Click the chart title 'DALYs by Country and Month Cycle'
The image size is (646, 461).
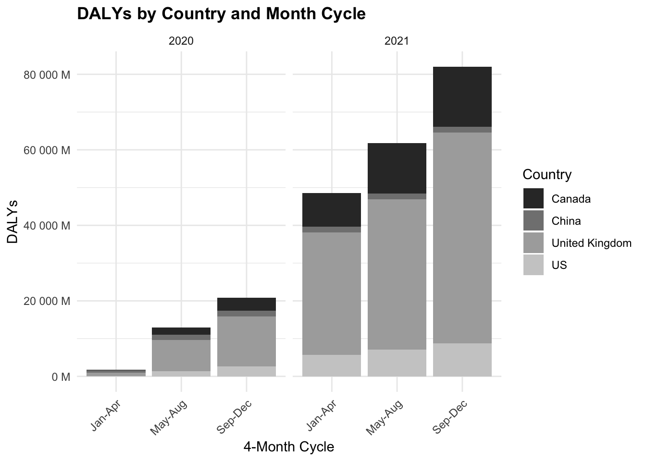221,14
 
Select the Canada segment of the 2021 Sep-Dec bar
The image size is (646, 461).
462,97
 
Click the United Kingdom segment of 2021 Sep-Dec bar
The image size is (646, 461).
462,238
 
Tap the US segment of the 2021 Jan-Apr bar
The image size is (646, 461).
331,365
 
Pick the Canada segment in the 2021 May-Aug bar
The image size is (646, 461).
397,168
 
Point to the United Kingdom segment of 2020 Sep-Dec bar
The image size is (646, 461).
246,341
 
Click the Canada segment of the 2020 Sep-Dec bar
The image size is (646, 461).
246,304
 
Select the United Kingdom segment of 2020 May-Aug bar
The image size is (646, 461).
181,355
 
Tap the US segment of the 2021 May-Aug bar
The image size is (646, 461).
397,363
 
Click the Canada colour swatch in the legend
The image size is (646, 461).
534,199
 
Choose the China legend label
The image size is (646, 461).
566,221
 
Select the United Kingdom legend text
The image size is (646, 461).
591,243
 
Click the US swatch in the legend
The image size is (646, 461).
534,265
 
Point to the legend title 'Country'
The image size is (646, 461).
547,174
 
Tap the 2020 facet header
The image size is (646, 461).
181,41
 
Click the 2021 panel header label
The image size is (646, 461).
397,41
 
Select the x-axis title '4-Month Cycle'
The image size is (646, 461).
288,447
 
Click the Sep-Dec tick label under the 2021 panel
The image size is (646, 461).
451,416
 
